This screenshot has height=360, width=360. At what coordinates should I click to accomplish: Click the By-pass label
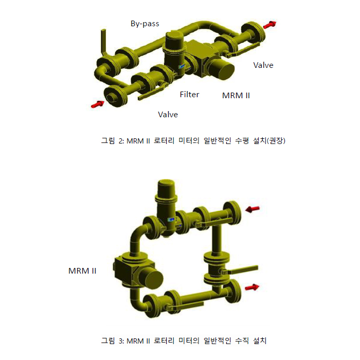click(x=145, y=24)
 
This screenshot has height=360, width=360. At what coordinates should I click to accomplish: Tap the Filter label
click(x=189, y=94)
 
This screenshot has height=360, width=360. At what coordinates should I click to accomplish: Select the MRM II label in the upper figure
click(x=236, y=96)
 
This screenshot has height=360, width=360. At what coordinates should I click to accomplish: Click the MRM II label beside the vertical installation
click(x=82, y=271)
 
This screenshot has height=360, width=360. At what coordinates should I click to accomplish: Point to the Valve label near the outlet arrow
click(x=263, y=65)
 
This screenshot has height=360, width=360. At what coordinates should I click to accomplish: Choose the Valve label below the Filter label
click(x=168, y=115)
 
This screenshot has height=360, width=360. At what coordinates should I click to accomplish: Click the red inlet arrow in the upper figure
click(x=97, y=104)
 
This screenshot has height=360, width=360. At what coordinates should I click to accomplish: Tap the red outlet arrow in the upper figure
click(x=269, y=25)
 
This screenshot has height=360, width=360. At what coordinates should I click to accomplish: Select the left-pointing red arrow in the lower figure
click(x=253, y=209)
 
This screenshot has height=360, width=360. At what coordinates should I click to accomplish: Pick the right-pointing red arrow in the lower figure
click(x=252, y=287)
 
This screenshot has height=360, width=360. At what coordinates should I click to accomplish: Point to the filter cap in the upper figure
click(x=174, y=39)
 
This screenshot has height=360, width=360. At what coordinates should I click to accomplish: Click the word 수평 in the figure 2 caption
click(x=242, y=140)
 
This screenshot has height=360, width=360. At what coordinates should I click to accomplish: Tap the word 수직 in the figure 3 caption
click(x=242, y=340)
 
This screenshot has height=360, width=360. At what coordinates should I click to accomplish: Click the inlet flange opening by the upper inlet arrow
click(x=112, y=98)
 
